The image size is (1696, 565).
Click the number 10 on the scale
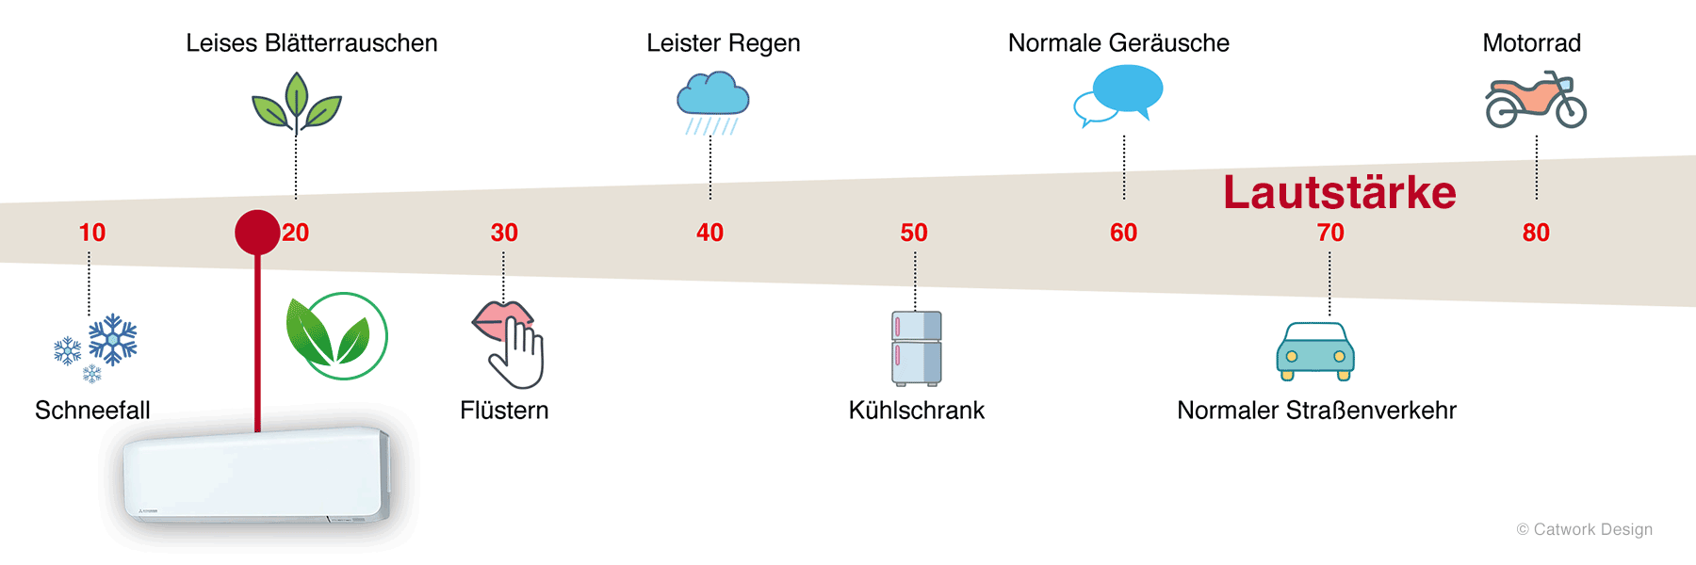(92, 233)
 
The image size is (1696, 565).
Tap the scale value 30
(504, 233)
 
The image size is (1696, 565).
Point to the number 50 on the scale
(914, 233)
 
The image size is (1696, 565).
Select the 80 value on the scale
(1536, 233)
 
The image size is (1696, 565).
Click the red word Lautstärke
(1339, 193)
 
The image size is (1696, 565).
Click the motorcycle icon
(1536, 100)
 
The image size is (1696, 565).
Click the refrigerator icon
(917, 348)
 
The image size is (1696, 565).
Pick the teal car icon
(1315, 351)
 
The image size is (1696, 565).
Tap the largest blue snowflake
(113, 339)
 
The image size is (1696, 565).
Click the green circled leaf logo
(337, 336)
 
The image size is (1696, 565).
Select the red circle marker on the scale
(257, 233)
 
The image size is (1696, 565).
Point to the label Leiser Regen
(723, 43)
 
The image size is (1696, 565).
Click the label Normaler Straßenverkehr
(1316, 411)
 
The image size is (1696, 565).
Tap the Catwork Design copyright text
(1584, 529)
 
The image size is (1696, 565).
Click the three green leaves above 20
(296, 103)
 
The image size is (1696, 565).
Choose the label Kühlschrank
(916, 411)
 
